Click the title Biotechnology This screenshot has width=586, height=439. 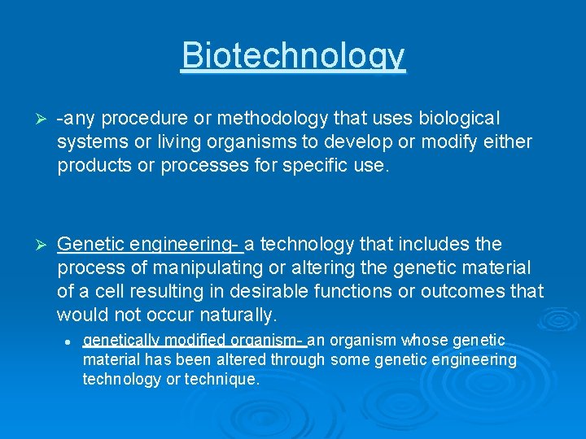[x=293, y=55]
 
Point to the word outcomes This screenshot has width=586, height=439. [x=466, y=290]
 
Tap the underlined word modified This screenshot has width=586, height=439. [x=198, y=341]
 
